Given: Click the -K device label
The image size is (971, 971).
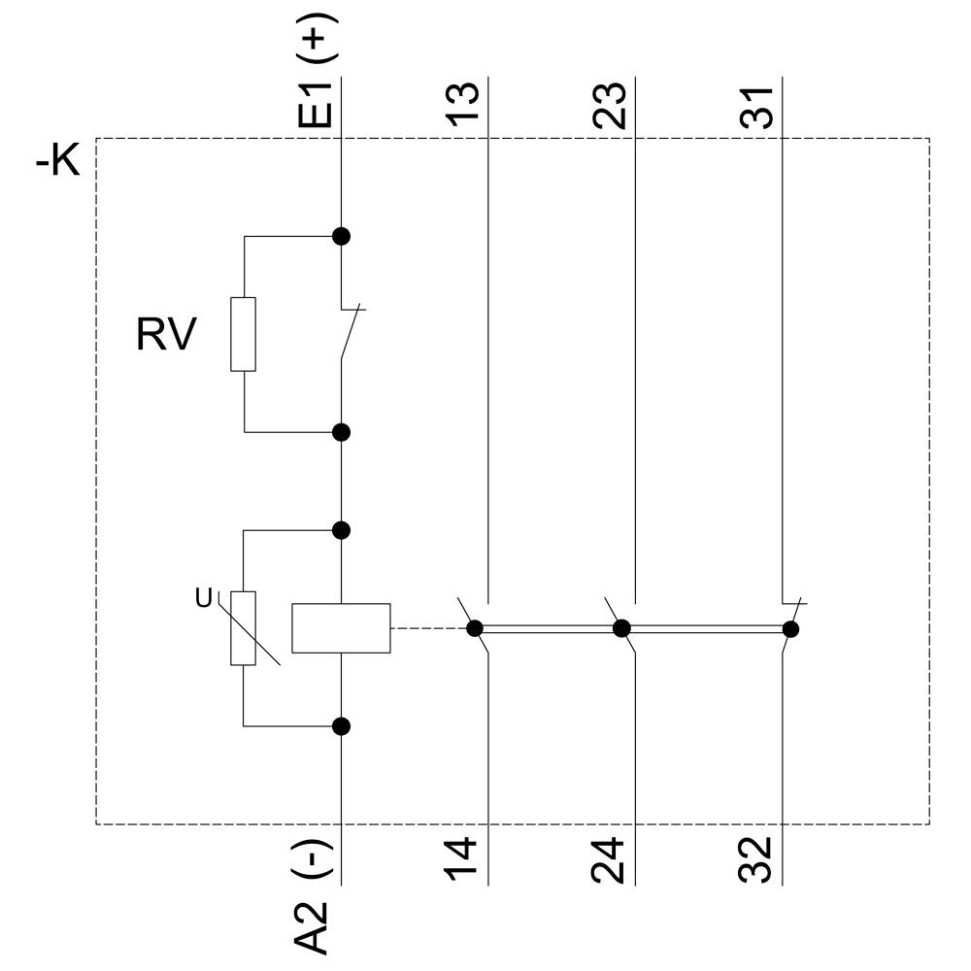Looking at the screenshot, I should (57, 161).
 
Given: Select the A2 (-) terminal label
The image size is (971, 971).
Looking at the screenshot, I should (317, 895).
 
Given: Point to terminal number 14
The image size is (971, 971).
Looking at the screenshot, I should (465, 859).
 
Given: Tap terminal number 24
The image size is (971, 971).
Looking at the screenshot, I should (612, 859).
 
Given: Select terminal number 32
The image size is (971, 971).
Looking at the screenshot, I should (759, 859).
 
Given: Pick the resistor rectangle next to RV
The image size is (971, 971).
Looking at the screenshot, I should (243, 334).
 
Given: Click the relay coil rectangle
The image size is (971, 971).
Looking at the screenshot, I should (341, 628).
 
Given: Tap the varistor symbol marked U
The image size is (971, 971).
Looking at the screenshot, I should (243, 628).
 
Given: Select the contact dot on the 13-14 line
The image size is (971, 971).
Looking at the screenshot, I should (475, 628).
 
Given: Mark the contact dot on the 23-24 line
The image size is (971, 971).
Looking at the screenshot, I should (621, 628).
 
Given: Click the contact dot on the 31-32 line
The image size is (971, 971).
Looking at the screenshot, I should (790, 629).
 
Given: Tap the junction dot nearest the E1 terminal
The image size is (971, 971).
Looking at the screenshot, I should (341, 236).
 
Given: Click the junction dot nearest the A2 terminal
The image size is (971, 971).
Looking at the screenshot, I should (341, 725).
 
